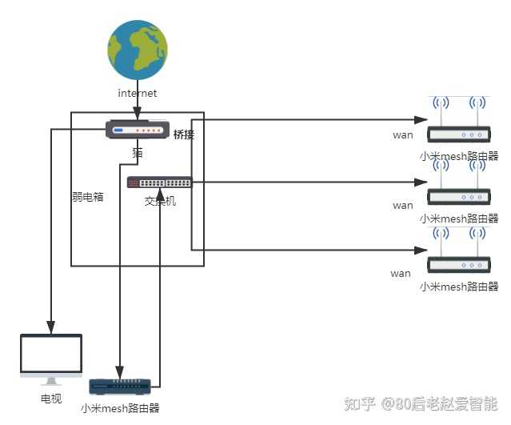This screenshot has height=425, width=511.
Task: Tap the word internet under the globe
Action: (138, 94)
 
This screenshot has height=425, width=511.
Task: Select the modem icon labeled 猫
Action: (137, 130)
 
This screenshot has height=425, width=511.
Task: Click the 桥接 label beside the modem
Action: (184, 134)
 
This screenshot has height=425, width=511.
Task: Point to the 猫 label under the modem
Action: (138, 151)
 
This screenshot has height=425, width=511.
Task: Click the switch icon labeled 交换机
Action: (160, 182)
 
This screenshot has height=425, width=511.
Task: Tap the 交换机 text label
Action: (160, 201)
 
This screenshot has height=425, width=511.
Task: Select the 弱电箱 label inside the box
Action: (88, 197)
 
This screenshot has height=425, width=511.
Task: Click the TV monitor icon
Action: (51, 359)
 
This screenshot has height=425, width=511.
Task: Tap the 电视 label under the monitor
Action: (51, 398)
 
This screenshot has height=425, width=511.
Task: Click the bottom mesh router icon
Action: (120, 387)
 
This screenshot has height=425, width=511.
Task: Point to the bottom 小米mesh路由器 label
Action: (120, 408)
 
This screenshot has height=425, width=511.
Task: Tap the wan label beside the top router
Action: (403, 134)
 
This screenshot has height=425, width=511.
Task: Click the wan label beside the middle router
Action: (403, 206)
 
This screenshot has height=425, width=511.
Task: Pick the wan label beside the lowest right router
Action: (401, 274)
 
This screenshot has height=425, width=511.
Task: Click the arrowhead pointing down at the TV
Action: (51, 327)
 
